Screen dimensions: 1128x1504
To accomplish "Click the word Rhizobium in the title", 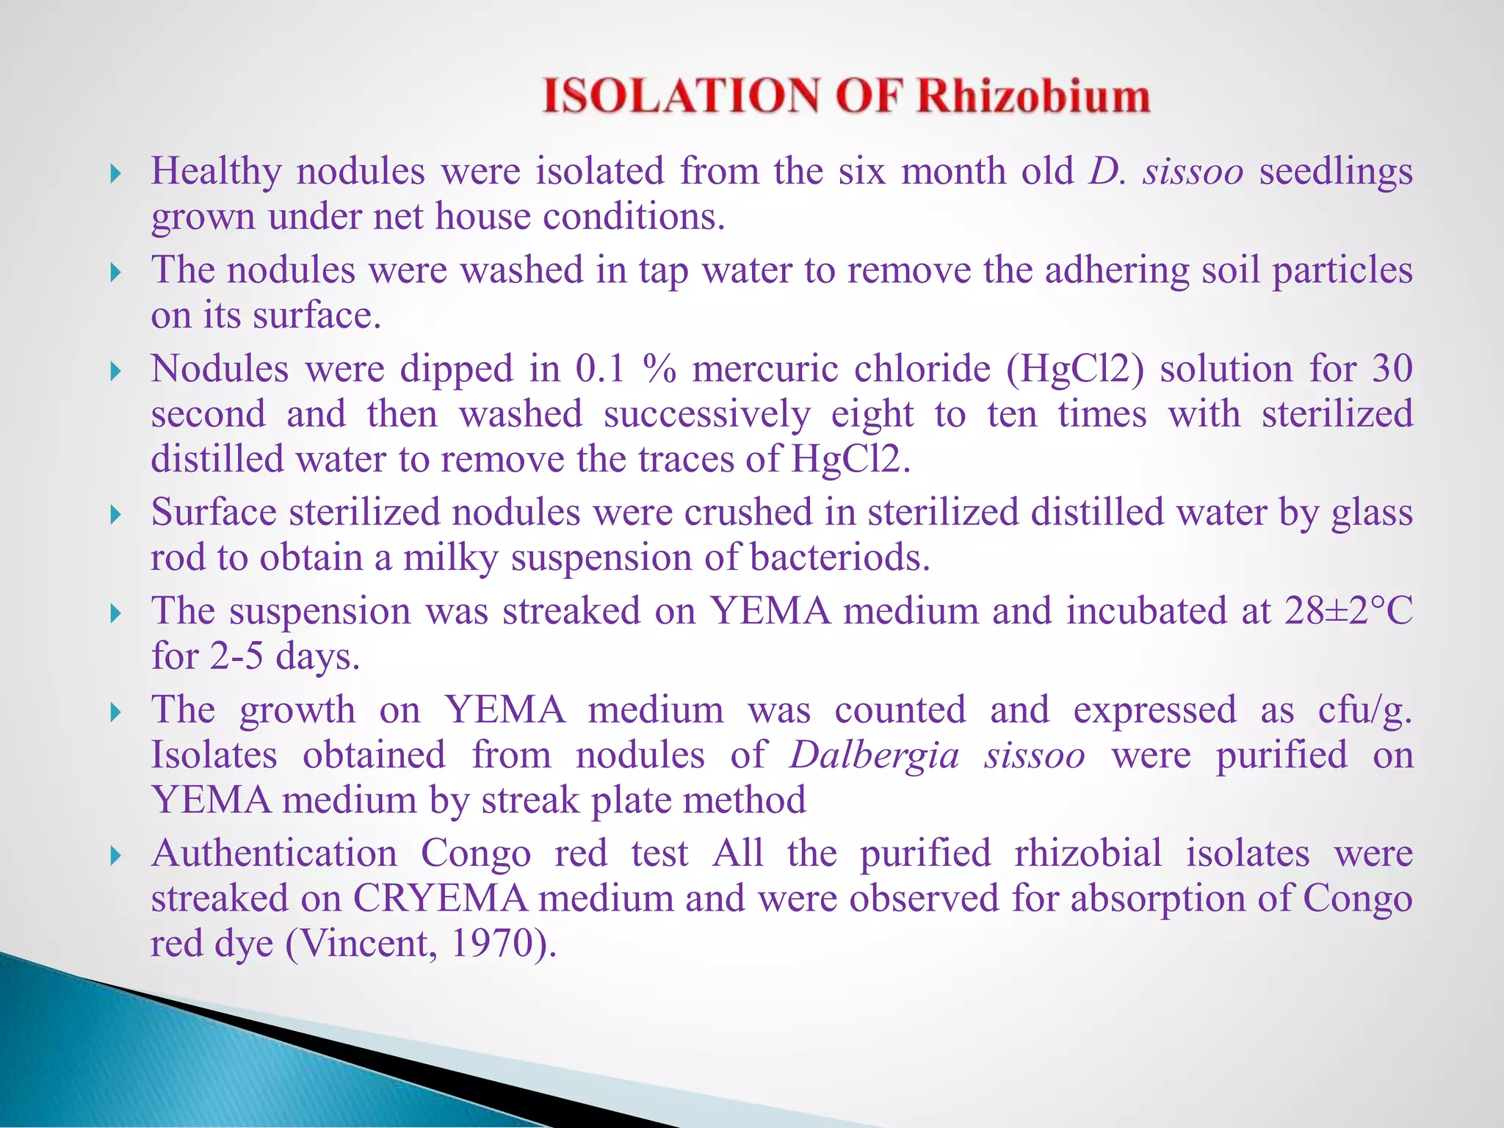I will point(1033,96).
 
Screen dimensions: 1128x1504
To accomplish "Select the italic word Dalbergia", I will point(874,755).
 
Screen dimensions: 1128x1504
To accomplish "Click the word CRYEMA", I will point(440,898).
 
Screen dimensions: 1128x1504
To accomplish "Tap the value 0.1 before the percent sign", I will point(600,368).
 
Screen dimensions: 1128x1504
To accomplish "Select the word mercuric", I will point(764,368).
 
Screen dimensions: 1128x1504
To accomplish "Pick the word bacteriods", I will point(830,557).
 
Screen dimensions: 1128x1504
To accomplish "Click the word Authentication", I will point(274,853).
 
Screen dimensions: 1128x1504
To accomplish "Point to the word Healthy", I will point(216,171).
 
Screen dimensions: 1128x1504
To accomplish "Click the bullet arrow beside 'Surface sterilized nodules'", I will point(115,514).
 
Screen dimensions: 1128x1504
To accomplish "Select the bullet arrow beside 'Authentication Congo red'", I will point(115,856).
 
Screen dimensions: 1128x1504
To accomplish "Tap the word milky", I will point(451,557).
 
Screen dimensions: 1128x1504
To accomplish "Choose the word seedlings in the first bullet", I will point(1336,171).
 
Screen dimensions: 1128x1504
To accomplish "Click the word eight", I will point(872,414).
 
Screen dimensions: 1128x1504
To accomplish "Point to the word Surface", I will point(214,512).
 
